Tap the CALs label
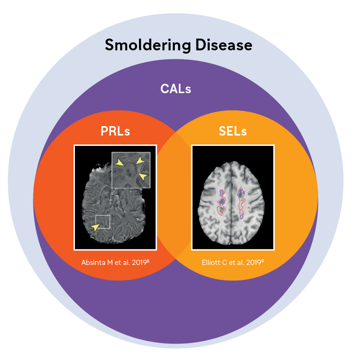(x=176, y=88)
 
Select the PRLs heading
(x=115, y=131)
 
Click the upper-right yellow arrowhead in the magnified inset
(x=140, y=160)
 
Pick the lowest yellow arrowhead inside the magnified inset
(x=143, y=176)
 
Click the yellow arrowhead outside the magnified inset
(x=96, y=227)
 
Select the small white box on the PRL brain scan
(x=102, y=221)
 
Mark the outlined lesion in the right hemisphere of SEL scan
(x=242, y=202)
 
